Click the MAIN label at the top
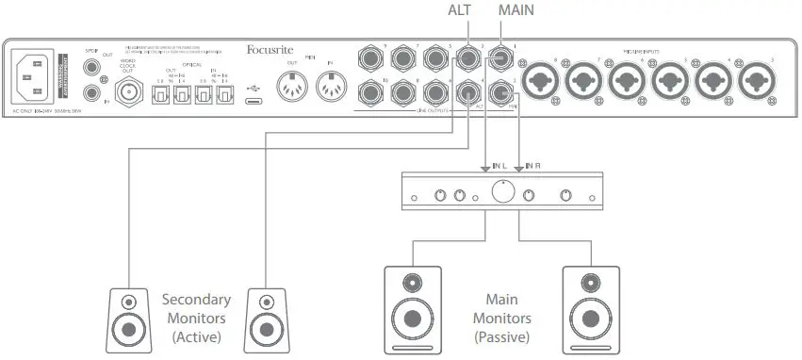pyautogui.click(x=515, y=10)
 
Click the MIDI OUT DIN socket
pyautogui.click(x=292, y=87)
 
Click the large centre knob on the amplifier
pyautogui.click(x=502, y=192)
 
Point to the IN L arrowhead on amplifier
pyautogui.click(x=485, y=169)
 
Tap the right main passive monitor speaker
pyautogui.click(x=591, y=307)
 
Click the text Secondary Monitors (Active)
pyautogui.click(x=195, y=318)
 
